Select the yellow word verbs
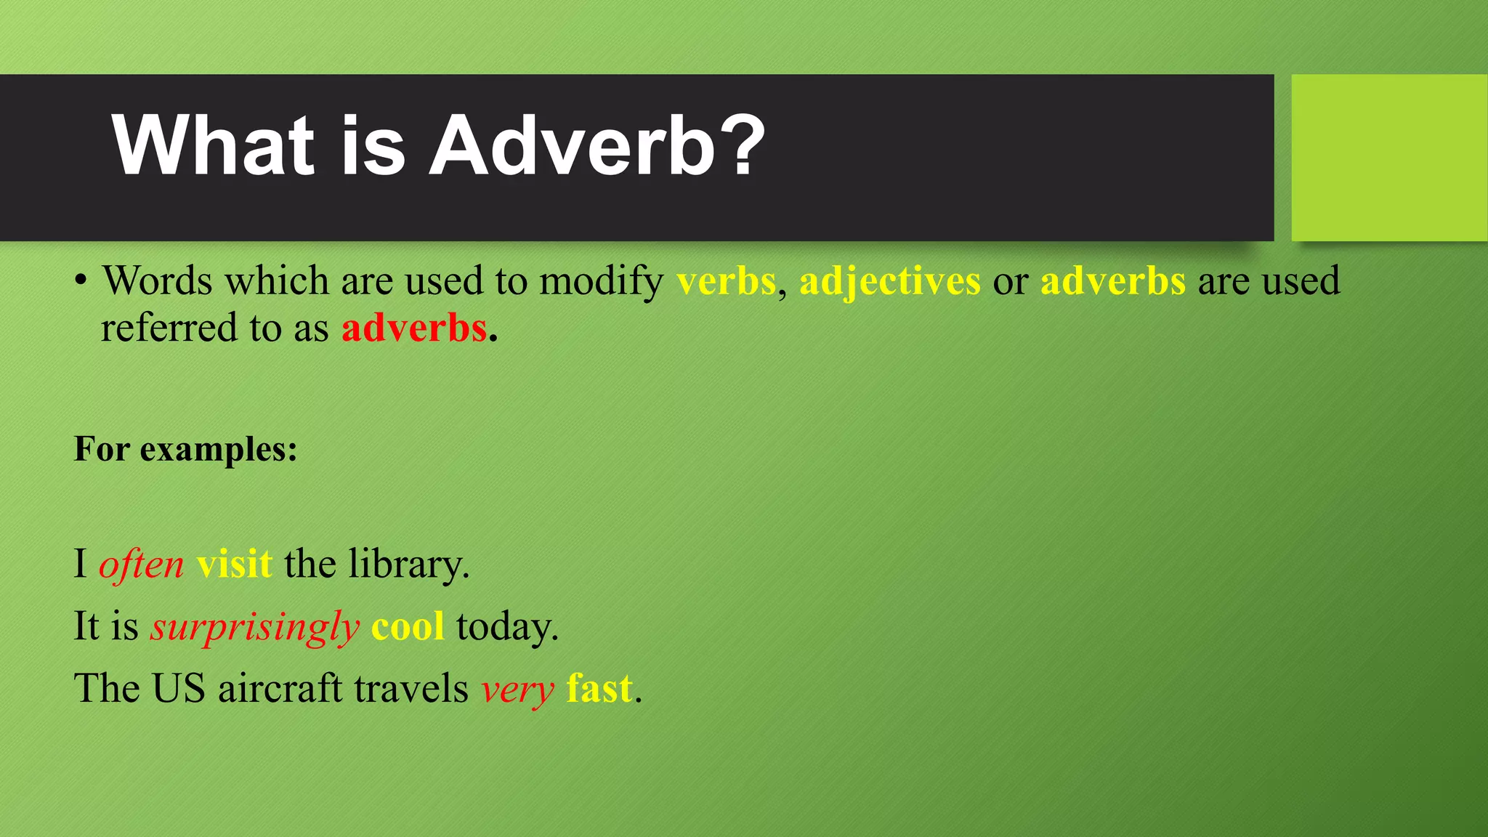(726, 281)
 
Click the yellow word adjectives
(889, 281)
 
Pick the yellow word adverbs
(1112, 281)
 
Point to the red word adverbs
(413, 328)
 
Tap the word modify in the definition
(601, 281)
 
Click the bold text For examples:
(186, 449)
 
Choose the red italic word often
(141, 565)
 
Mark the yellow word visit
(234, 565)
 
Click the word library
(408, 565)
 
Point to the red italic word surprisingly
(254, 627)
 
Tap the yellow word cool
(408, 627)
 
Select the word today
(506, 627)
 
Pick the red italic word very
(517, 689)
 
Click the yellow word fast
(599, 689)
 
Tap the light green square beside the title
(1389, 158)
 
